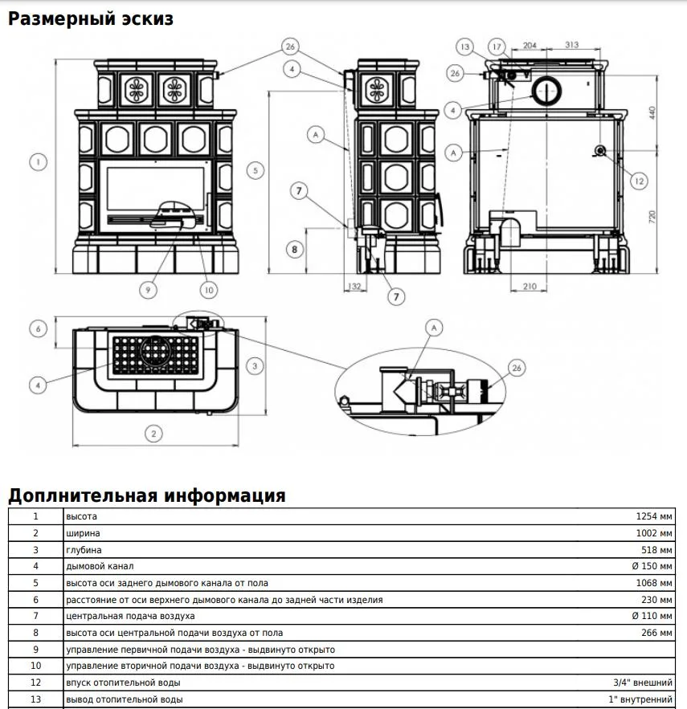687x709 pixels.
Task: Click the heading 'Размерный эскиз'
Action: pos(91,19)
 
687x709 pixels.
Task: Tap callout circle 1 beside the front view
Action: pos(38,162)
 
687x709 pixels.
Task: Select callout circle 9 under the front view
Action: pos(148,289)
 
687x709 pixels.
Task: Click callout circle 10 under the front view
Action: pos(209,290)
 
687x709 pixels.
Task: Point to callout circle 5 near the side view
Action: pos(256,170)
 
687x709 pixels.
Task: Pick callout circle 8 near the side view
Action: pos(295,249)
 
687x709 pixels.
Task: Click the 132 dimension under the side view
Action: pos(355,286)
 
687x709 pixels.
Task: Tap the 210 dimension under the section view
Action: pos(530,286)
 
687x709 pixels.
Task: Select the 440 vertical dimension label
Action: pos(652,112)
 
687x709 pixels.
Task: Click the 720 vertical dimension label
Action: pos(652,217)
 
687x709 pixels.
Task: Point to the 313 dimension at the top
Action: pos(571,44)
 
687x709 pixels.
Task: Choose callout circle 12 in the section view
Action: pos(639,181)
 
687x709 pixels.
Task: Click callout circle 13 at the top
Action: pos(464,47)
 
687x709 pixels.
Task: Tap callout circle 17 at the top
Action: pos(497,47)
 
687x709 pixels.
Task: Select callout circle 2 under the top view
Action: pos(153,434)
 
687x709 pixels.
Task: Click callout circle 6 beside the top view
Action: pos(38,328)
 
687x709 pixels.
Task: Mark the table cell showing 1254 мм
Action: pos(654,516)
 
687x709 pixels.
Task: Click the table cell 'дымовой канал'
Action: pos(100,566)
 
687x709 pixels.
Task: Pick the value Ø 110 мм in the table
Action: pos(652,616)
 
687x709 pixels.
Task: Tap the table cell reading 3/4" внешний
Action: pos(643,683)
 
